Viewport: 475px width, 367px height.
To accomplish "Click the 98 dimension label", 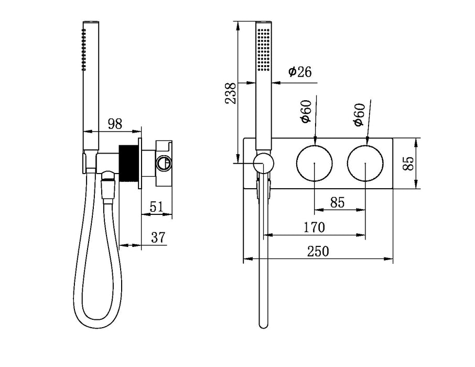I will [114, 124].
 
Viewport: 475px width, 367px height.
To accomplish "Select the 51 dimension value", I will [156, 206].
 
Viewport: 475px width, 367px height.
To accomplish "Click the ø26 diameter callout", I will [300, 72].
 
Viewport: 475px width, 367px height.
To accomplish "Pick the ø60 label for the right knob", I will [359, 114].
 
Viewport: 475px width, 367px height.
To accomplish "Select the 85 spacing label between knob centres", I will [338, 202].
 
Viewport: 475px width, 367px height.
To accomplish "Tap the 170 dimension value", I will [314, 228].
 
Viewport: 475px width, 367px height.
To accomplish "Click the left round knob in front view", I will [314, 164].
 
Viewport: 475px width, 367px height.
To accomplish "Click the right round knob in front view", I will [365, 164].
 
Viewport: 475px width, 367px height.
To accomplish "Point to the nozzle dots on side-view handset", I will [83, 50].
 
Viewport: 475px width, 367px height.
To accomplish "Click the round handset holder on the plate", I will [263, 163].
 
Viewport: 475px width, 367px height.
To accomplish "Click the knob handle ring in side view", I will [164, 163].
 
